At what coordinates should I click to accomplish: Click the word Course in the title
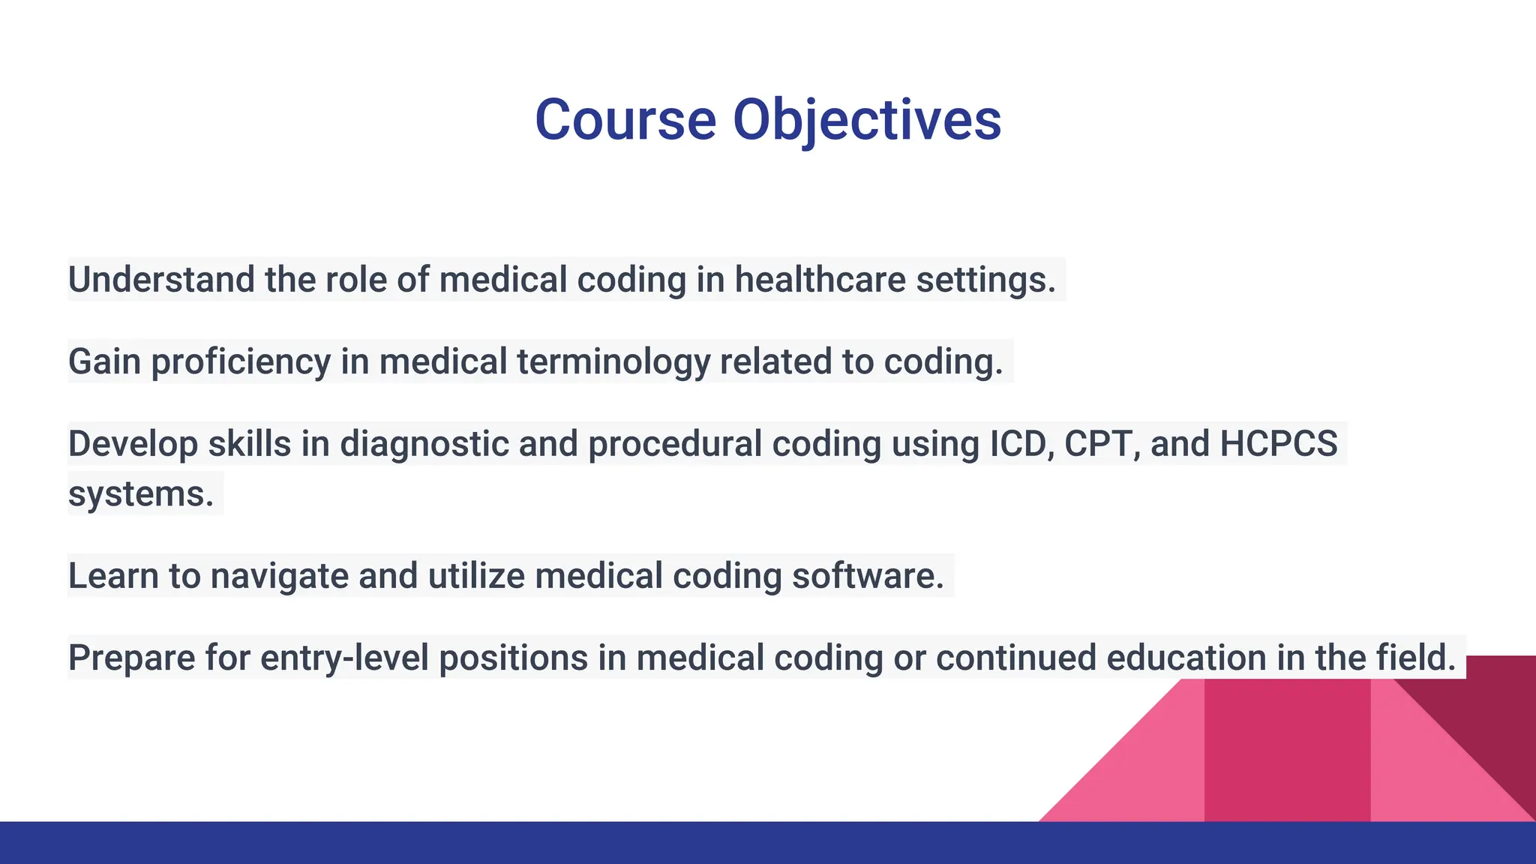(625, 120)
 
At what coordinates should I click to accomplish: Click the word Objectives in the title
(866, 120)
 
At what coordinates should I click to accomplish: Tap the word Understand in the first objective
(161, 280)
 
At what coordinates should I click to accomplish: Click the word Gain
(104, 361)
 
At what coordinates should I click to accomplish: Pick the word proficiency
(240, 361)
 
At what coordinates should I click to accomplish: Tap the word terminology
(613, 361)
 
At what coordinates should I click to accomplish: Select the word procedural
(675, 444)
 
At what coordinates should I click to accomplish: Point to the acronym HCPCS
(1278, 444)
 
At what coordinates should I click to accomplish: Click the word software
(867, 576)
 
